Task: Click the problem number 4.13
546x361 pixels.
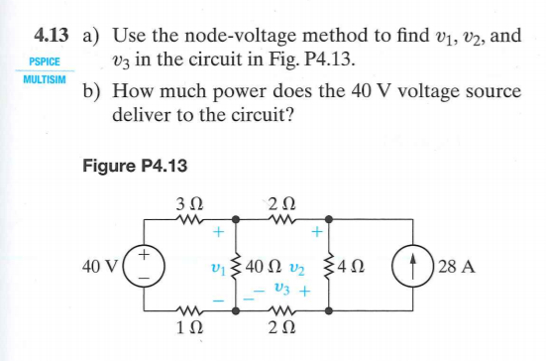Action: [x=50, y=36]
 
